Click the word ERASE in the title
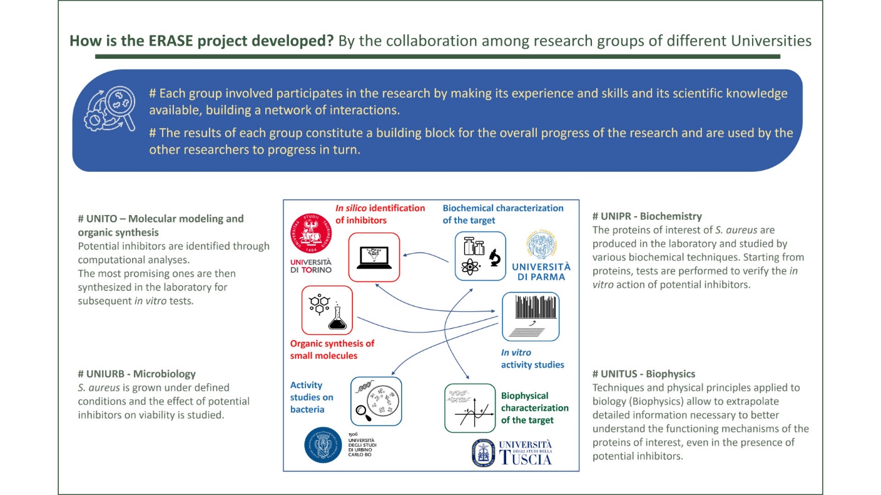pyautogui.click(x=171, y=41)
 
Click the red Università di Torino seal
pyautogui.click(x=311, y=233)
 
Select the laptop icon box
pyautogui.click(x=374, y=257)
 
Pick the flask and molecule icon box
pyautogui.click(x=327, y=310)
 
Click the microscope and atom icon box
pyautogui.click(x=480, y=256)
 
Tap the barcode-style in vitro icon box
pyautogui.click(x=531, y=316)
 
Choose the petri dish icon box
pyautogui.click(x=376, y=401)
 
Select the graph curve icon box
pyautogui.click(x=470, y=408)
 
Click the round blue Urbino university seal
pyautogui.click(x=323, y=445)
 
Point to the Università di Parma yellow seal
pyautogui.click(x=542, y=244)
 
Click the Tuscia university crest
pyautogui.click(x=484, y=453)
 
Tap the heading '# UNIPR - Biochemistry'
pyautogui.click(x=647, y=216)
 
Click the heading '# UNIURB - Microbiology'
pyautogui.click(x=136, y=374)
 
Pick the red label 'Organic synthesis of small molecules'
pyautogui.click(x=332, y=349)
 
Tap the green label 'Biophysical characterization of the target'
pyautogui.click(x=534, y=407)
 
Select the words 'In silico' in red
pyautogui.click(x=351, y=208)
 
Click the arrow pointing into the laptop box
pyautogui.click(x=425, y=256)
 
